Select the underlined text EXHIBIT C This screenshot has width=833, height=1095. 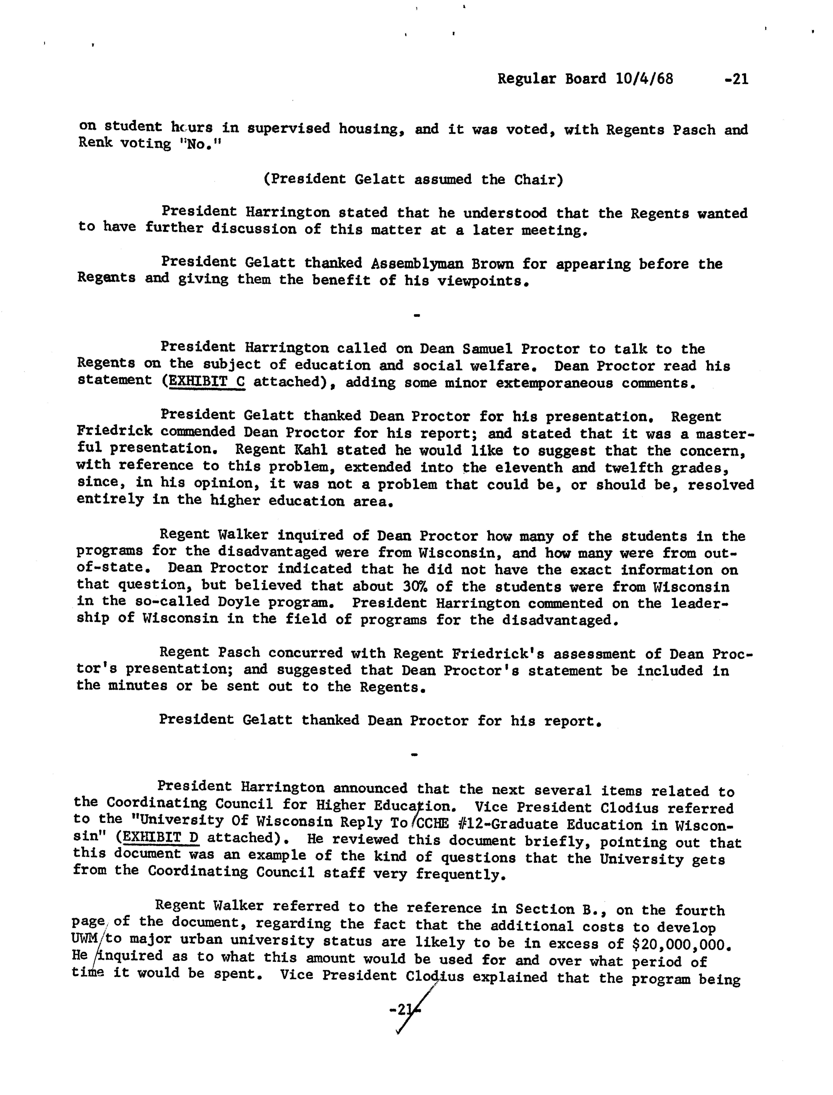(207, 382)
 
